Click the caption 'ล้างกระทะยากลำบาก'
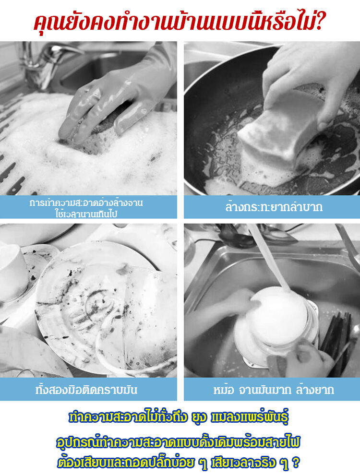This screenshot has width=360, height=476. pyautogui.click(x=274, y=207)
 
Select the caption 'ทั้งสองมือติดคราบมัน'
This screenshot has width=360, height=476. pyautogui.click(x=86, y=390)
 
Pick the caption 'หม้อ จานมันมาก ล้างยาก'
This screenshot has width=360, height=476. pyautogui.click(x=274, y=390)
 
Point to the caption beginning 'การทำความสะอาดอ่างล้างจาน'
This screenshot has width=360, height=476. pyautogui.click(x=86, y=208)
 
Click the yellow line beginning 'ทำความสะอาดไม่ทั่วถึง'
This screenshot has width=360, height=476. pyautogui.click(x=179, y=417)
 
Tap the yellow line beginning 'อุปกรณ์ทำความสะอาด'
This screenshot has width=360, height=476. pyautogui.click(x=179, y=442)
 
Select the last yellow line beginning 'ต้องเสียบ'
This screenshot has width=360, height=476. pyautogui.click(x=179, y=463)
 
